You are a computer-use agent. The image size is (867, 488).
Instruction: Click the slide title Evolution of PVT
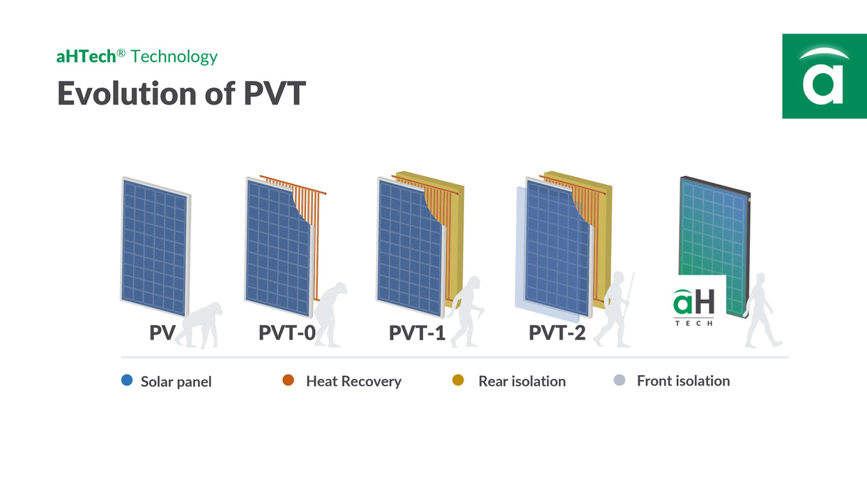point(181,93)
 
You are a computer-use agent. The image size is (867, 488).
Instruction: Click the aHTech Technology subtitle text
point(137,56)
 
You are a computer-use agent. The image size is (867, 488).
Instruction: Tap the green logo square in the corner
point(824,76)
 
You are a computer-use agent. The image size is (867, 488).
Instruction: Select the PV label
point(162,333)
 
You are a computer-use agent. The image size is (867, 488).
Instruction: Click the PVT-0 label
point(286,333)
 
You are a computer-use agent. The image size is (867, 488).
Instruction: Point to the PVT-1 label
point(417,333)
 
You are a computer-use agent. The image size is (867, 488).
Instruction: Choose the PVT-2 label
point(557,333)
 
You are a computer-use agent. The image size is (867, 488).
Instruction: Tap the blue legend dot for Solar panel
point(127,381)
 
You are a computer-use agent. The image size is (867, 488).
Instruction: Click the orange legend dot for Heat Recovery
point(288,381)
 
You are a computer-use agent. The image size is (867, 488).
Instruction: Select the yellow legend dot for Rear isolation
point(458,381)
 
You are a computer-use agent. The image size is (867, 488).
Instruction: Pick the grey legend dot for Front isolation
point(619,381)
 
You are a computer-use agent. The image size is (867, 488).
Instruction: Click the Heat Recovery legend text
point(353,381)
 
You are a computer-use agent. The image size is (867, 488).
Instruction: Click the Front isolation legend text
point(683,381)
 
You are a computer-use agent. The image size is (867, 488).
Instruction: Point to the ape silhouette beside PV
point(200,325)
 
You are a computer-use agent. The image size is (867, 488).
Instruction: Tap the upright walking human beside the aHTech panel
point(760,310)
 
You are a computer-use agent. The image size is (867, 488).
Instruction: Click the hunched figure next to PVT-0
point(330,314)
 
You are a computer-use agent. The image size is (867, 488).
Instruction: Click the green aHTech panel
point(714,230)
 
